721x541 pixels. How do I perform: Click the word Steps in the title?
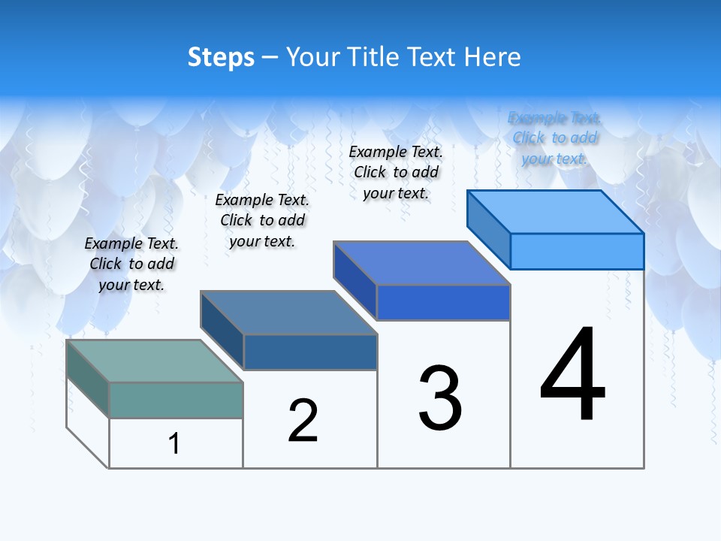[221, 57]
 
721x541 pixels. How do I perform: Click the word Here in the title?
[493, 57]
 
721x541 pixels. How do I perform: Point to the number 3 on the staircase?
[440, 398]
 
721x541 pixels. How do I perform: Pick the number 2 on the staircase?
[303, 421]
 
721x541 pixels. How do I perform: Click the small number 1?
[174, 443]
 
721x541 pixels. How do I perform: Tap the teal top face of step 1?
[154, 361]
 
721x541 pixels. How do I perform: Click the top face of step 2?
[288, 312]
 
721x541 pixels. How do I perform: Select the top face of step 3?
[421, 263]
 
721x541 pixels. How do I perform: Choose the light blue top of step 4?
[555, 211]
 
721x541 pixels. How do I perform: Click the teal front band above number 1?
[176, 400]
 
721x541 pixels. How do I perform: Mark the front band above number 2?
[310, 352]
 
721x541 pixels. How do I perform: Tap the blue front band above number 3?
[443, 302]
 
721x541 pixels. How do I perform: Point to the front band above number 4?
[577, 251]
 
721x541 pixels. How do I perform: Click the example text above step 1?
[131, 264]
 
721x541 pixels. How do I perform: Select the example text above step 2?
[262, 220]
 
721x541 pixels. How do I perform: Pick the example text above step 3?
[396, 172]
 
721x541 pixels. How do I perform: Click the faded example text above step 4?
[554, 138]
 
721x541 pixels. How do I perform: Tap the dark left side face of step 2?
[222, 330]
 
